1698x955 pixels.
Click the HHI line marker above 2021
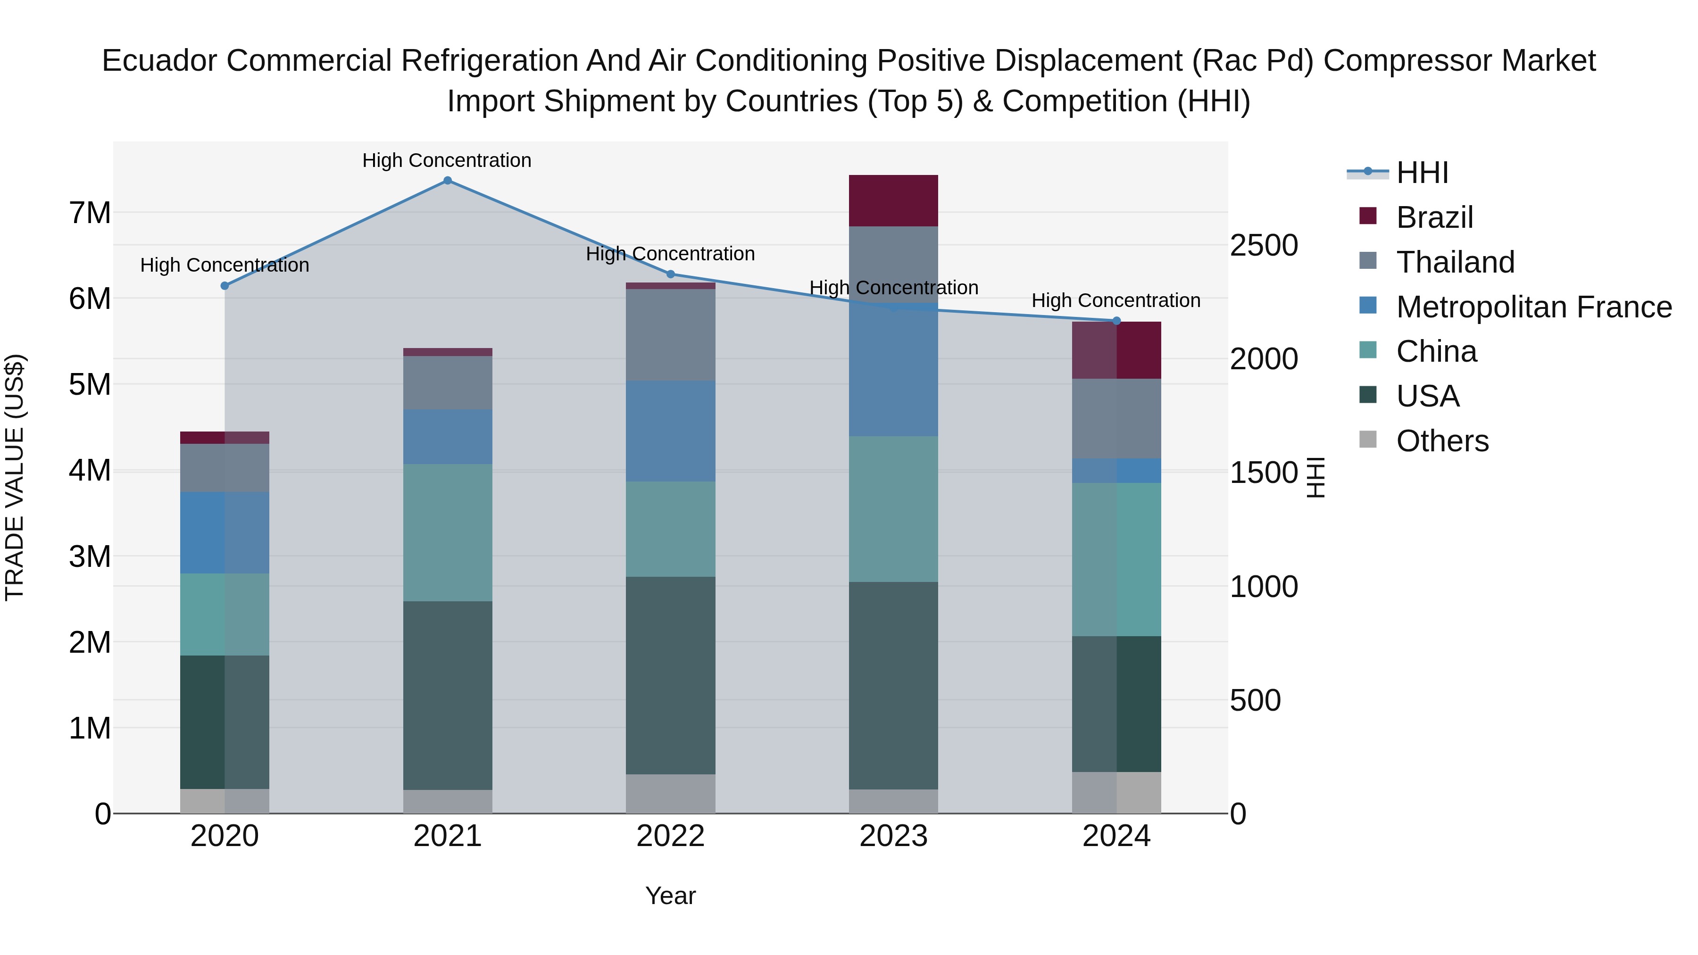pyautogui.click(x=447, y=181)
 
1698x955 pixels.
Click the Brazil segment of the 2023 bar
pyautogui.click(x=893, y=201)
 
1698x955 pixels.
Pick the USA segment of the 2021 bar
pyautogui.click(x=448, y=695)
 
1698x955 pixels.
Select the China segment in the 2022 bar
pyautogui.click(x=670, y=529)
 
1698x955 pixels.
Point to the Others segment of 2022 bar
pyautogui.click(x=670, y=794)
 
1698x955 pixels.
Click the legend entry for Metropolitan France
pyautogui.click(x=1533, y=307)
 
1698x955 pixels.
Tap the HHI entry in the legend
pyautogui.click(x=1422, y=173)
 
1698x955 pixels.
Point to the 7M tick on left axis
pyautogui.click(x=90, y=213)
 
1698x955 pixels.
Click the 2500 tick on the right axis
pyautogui.click(x=1264, y=245)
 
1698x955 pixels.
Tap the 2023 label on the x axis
pyautogui.click(x=893, y=836)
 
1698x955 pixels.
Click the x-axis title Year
pyautogui.click(x=670, y=896)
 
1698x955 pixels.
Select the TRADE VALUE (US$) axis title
pyautogui.click(x=15, y=477)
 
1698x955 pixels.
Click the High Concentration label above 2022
pyautogui.click(x=670, y=254)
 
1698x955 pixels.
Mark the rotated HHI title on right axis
pyautogui.click(x=1315, y=477)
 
